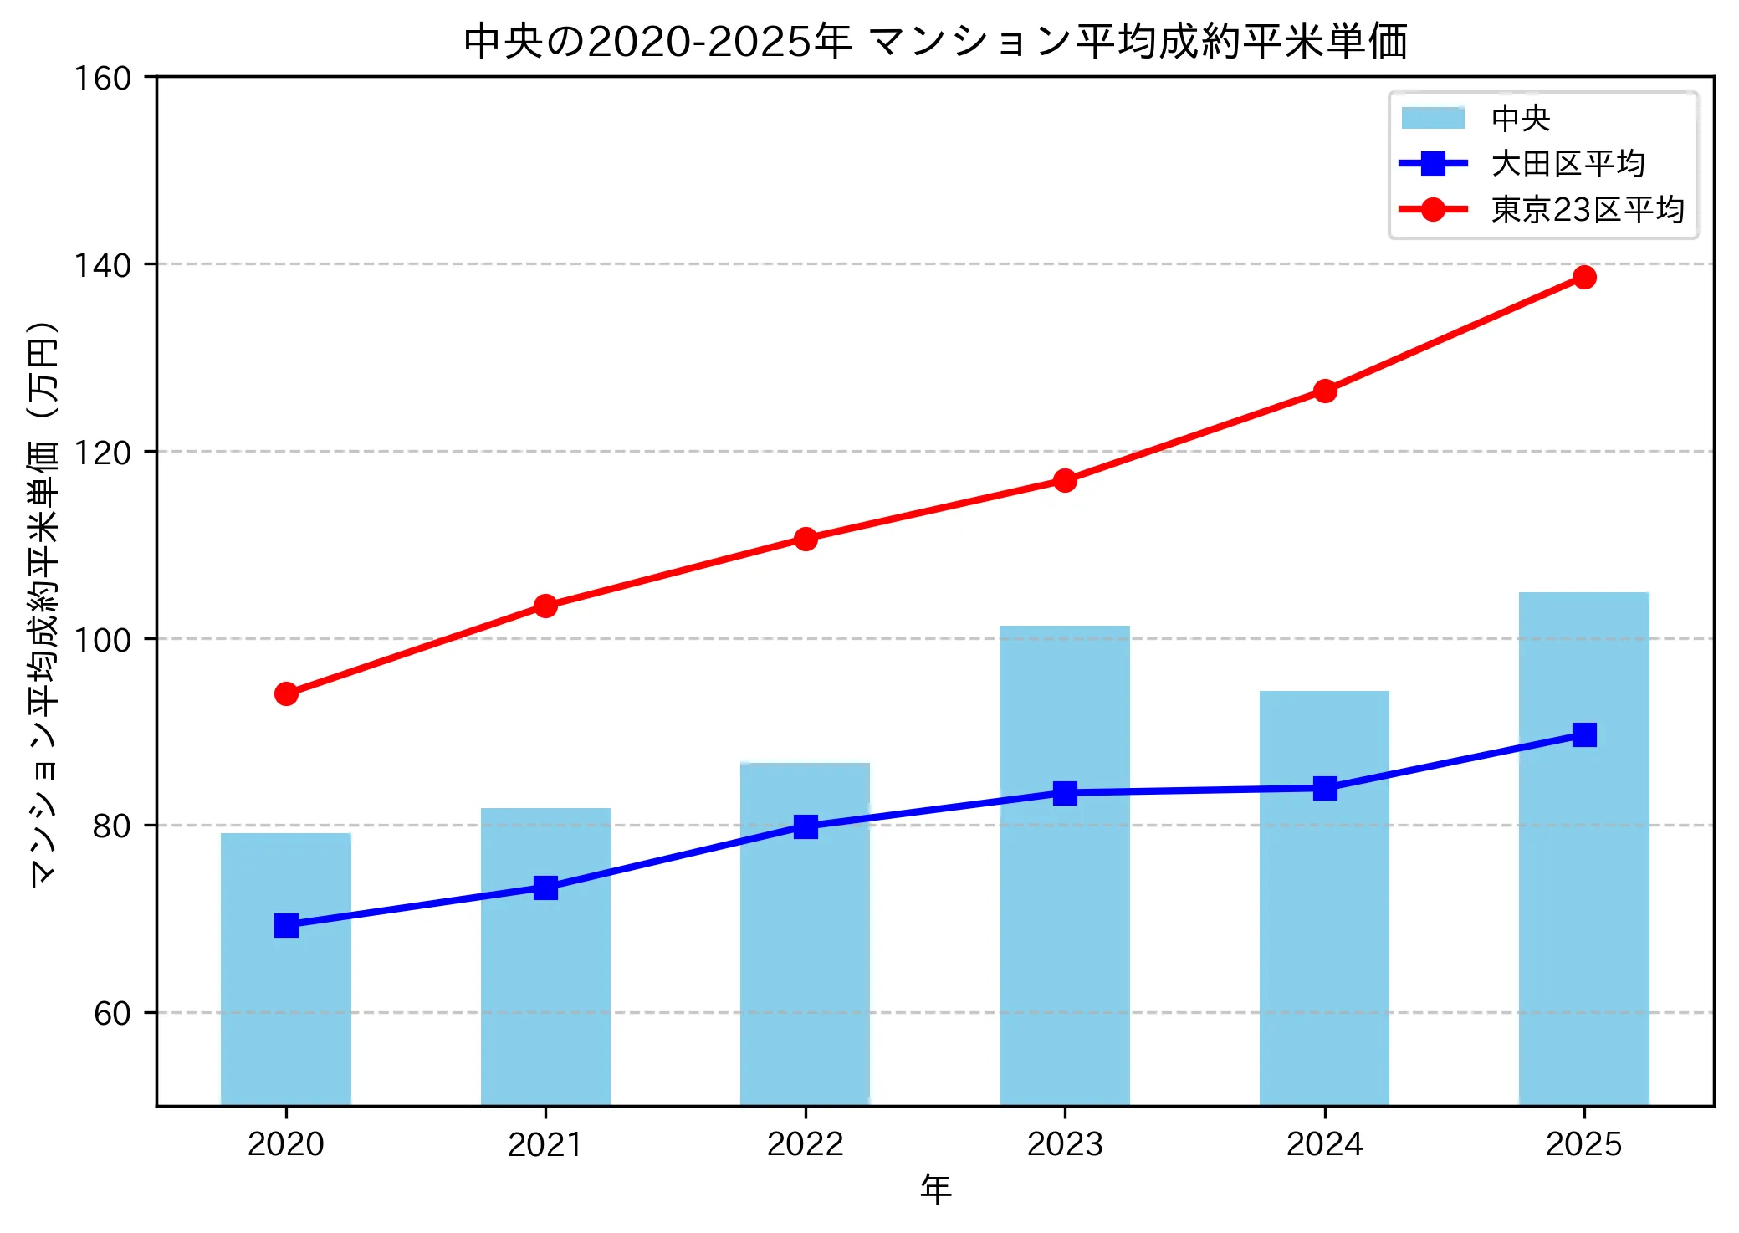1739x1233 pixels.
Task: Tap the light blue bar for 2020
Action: tap(286, 1004)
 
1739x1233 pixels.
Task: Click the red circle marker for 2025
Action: tap(1583, 278)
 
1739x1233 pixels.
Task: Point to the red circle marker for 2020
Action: tap(286, 694)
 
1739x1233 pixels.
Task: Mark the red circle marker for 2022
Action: tap(806, 539)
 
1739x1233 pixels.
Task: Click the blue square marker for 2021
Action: tap(545, 888)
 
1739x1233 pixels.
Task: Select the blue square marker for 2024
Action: tap(1324, 788)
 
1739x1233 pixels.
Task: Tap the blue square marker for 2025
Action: tap(1583, 734)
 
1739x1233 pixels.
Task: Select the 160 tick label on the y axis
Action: tap(103, 79)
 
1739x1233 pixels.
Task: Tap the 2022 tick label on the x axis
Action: tap(806, 1144)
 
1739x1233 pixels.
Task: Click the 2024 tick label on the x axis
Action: tap(1324, 1144)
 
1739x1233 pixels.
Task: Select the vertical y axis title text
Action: tap(43, 602)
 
